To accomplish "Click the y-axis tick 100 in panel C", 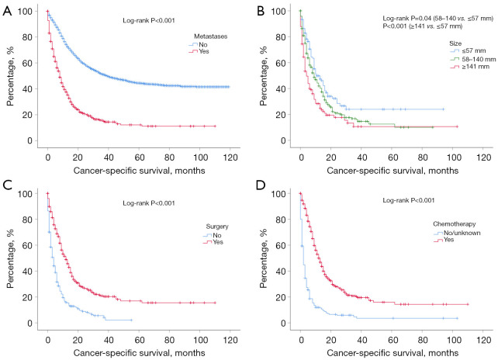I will click(x=27, y=194).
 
